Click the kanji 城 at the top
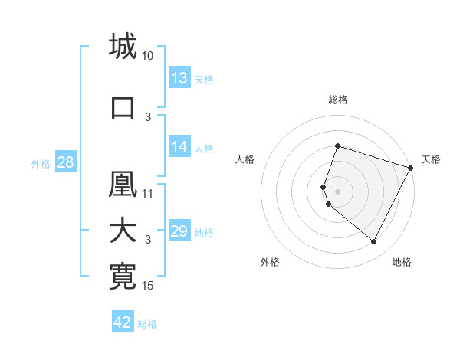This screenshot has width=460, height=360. pos(123,45)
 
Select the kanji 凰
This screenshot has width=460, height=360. pos(123,185)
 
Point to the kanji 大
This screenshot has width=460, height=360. pos(123,231)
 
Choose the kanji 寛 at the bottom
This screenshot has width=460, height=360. pos(123,277)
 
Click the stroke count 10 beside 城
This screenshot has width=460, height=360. pos(148,56)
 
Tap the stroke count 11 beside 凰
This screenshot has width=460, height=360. pos(148,193)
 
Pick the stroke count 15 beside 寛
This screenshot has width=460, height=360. pos(148,286)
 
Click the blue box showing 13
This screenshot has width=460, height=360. pos(179,78)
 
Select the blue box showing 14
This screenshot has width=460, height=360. pos(179,147)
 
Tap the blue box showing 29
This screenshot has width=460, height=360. pos(179,231)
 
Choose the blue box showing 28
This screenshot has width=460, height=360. pos(65,162)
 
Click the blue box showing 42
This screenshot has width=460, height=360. pos(123,322)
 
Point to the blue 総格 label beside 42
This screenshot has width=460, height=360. pos(148,324)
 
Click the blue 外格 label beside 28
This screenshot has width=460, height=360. pos(41,163)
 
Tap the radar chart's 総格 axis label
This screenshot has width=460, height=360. pos(337,100)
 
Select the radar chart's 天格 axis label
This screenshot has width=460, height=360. pos(431,159)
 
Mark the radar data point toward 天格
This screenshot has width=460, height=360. pos(411,168)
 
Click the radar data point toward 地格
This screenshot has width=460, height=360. pos(373,242)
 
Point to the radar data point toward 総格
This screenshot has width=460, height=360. pos(337,146)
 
